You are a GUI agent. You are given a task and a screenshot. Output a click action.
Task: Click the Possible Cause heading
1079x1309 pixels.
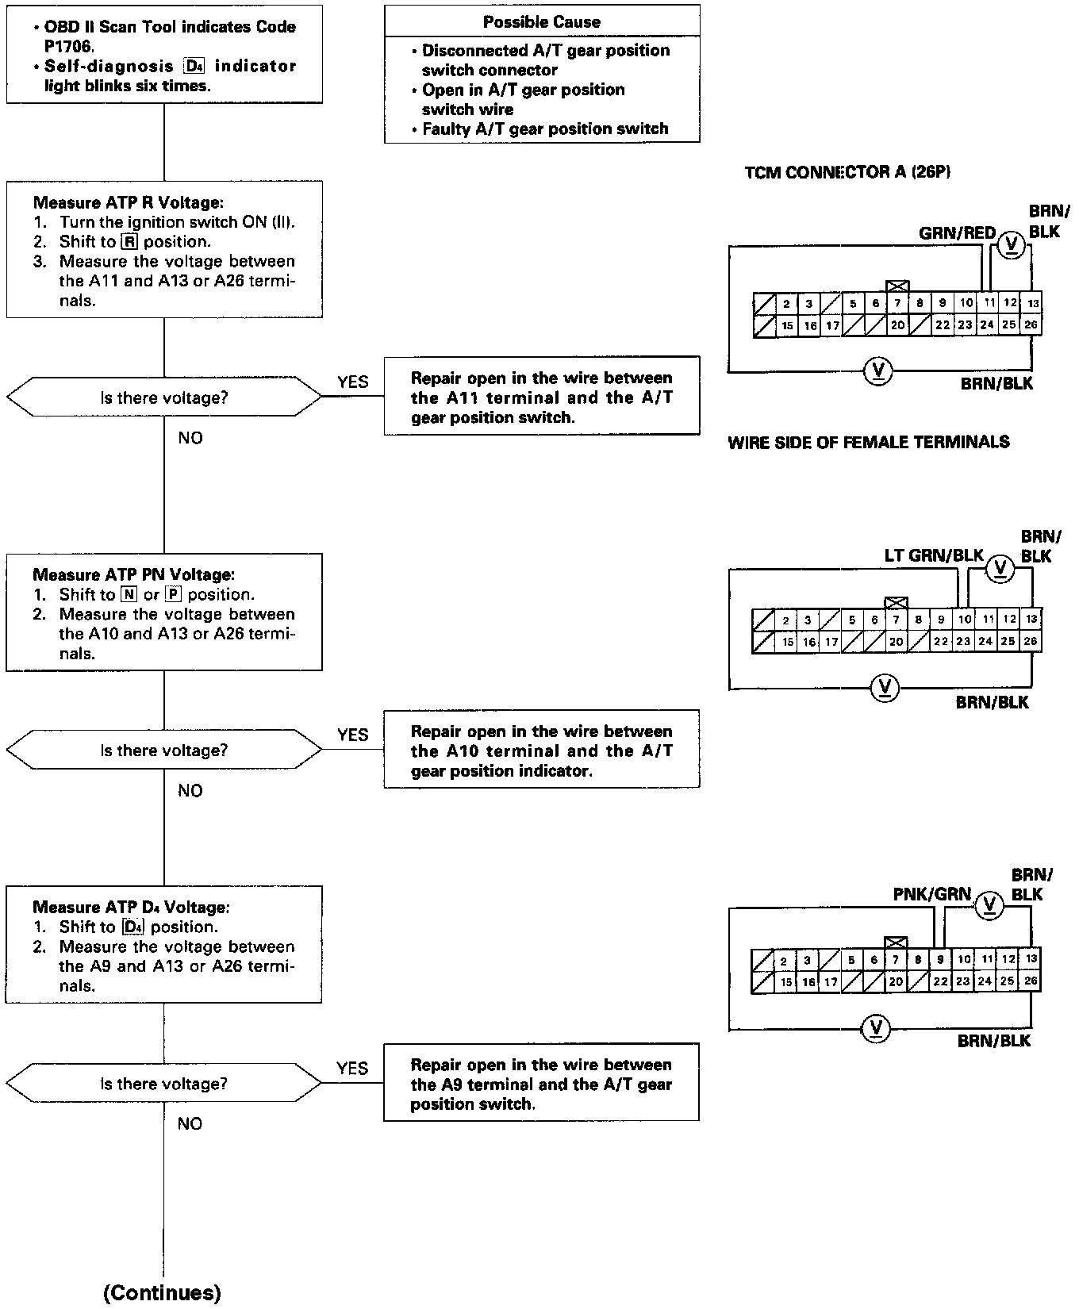[x=542, y=22]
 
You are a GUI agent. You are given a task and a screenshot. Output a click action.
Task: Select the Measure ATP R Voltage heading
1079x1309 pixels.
[x=123, y=203]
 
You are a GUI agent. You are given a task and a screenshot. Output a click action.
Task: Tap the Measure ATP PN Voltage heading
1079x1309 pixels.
[x=133, y=574]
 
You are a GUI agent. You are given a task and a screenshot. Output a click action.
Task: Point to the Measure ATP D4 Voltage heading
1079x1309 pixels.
[x=131, y=907]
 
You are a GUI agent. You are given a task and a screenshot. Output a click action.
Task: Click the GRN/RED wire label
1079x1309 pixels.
[x=957, y=233]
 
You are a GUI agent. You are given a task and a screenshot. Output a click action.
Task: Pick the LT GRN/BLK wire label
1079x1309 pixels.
[x=934, y=555]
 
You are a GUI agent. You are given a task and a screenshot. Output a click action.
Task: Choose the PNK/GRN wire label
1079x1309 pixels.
[x=931, y=894]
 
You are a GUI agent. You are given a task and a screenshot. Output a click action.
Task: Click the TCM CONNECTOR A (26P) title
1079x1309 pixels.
[x=847, y=172]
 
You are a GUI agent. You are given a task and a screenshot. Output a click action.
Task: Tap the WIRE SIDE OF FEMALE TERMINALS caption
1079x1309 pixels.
[x=869, y=443]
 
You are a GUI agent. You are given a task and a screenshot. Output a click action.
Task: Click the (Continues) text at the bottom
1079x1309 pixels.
[x=162, y=1292]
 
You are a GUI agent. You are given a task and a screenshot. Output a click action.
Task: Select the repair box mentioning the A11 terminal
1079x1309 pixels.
[x=542, y=397]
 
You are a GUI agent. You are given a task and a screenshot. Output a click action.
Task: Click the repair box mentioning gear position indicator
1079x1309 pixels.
[x=542, y=750]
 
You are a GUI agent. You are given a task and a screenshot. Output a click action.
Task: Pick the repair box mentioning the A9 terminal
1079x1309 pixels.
[x=541, y=1084]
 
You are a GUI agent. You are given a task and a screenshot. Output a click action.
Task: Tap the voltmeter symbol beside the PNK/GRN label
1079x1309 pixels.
[x=989, y=904]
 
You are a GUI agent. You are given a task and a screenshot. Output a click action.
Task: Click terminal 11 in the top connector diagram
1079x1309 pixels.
[x=989, y=302]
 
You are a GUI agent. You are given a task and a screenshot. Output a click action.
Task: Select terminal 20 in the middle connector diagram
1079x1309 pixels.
[x=897, y=642]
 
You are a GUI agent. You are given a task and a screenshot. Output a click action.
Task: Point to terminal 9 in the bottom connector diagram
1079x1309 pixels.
[x=941, y=959]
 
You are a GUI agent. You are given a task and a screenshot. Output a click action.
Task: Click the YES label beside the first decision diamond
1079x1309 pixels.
[x=352, y=382]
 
